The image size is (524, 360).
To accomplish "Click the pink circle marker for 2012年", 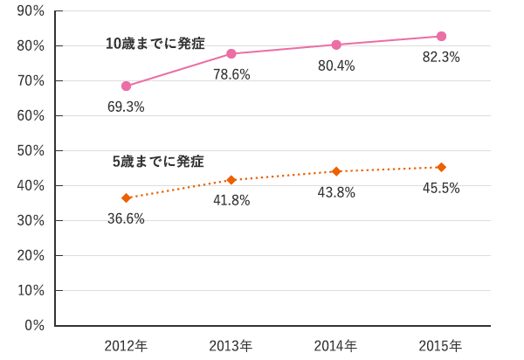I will coord(126,86).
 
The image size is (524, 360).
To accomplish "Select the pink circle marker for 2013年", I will coord(231,53).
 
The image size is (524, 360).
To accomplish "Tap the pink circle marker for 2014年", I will coord(336,45).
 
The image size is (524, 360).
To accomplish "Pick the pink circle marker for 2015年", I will coord(441,36).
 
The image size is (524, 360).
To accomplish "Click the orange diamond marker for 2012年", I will coord(126,197).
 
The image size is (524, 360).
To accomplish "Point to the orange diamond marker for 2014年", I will coord(336,171).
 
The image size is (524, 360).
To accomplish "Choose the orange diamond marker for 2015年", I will coord(441,167).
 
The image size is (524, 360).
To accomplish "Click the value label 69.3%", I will coord(126,107).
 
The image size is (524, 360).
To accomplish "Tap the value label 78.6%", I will coord(231,74).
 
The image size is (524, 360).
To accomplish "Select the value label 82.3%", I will coord(441,57).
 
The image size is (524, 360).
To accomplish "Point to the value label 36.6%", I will coord(126,218).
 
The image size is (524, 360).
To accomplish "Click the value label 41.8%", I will coord(231,200).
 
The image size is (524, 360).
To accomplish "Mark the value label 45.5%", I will coord(441,188).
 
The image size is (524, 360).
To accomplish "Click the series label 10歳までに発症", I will coord(155,44).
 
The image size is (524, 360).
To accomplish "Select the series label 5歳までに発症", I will coord(158,162).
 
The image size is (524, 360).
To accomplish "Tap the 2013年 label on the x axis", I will coord(231,346).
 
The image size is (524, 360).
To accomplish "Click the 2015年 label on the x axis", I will coord(441,346).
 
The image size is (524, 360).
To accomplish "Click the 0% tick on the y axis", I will coord(34,325).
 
